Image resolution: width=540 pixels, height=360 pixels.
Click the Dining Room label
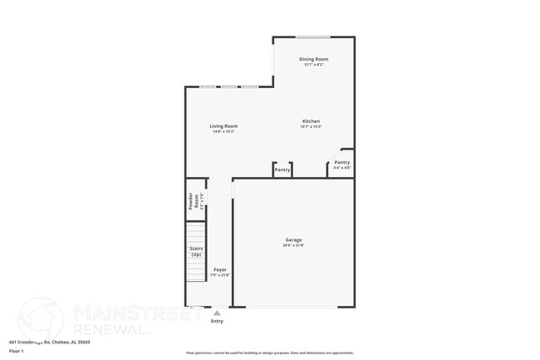pos(314,59)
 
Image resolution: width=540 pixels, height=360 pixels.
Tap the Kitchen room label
pos(311,121)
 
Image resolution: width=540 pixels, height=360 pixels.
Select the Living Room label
pos(224,126)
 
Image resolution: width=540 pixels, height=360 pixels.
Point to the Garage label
pos(293,240)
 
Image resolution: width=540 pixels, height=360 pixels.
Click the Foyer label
pos(220,269)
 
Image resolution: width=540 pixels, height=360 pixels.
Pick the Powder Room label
pos(191,200)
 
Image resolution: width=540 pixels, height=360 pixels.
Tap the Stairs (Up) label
pos(196,251)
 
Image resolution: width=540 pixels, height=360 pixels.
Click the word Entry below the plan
pos(217,321)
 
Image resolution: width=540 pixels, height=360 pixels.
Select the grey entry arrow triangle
pos(217,313)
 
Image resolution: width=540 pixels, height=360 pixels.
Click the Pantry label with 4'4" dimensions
pos(342,162)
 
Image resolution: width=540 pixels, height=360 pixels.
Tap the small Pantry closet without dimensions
pos(282,170)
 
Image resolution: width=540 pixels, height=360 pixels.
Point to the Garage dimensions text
pos(293,245)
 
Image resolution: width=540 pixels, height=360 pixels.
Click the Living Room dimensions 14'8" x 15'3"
pos(224,131)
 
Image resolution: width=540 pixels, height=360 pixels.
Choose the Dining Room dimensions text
pos(314,65)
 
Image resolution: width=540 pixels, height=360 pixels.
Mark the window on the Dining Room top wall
pos(313,37)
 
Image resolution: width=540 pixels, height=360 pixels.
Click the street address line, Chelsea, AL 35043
pos(49,341)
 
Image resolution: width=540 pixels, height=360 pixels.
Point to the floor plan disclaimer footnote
pos(270,353)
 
